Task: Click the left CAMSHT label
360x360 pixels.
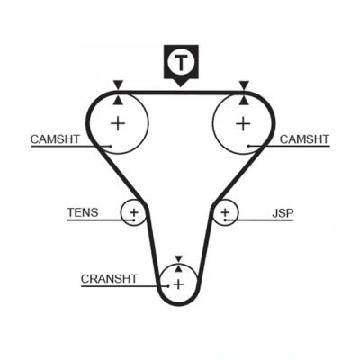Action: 55,139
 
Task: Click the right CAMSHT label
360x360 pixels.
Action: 304,139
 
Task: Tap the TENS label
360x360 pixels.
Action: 83,212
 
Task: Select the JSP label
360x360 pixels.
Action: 283,213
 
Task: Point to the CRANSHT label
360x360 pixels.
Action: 109,279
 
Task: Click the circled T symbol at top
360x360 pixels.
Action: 181,62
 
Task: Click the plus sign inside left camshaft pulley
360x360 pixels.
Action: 118,123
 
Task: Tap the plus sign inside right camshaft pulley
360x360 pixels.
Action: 243,123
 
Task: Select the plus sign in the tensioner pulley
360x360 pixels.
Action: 134,213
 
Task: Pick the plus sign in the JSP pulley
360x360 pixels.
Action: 225,212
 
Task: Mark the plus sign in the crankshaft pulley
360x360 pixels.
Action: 179,283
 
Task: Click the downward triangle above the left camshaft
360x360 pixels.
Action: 119,85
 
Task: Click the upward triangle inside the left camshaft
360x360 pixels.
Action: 119,101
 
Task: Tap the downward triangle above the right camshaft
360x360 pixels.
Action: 244,85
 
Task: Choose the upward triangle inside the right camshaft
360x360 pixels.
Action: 244,101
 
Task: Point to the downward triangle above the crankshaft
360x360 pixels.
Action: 179,258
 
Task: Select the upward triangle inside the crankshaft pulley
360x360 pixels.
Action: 179,268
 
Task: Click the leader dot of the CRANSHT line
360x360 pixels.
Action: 168,286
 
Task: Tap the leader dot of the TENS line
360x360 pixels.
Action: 134,220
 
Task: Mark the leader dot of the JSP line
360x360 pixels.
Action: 225,220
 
